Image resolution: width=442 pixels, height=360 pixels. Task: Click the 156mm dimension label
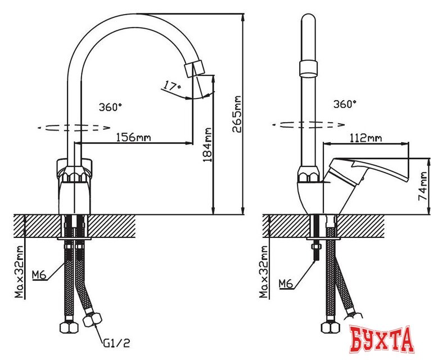tap(133, 137)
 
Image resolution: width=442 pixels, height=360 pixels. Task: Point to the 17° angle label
tap(171, 86)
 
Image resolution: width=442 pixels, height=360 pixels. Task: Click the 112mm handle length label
tap(365, 137)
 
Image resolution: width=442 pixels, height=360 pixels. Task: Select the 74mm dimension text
tap(423, 186)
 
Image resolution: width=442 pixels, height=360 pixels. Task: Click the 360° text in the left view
tap(110, 106)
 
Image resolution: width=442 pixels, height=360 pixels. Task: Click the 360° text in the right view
tap(345, 104)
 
